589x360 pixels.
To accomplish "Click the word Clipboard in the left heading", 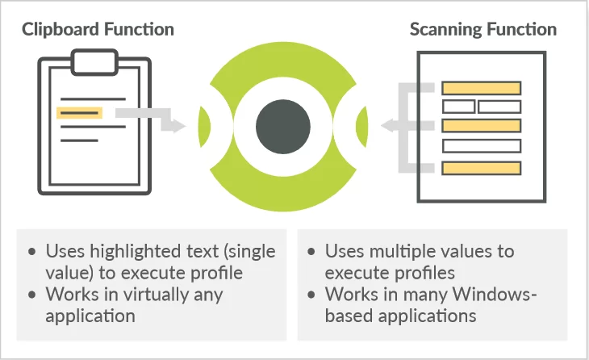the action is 61,30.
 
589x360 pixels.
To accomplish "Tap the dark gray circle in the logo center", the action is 283,127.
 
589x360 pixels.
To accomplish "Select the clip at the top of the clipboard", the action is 94,62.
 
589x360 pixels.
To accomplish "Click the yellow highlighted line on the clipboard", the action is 79,113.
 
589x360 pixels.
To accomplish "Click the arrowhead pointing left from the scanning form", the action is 388,125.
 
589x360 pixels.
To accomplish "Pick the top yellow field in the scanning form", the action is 481,88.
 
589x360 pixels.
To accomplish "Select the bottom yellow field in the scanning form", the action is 481,168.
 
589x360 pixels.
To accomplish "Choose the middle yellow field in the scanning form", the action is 481,125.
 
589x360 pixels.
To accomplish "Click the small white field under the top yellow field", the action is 458,107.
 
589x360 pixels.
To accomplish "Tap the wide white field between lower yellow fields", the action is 481,146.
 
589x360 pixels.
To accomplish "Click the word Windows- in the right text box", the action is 495,294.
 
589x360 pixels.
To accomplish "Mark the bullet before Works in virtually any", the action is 32,295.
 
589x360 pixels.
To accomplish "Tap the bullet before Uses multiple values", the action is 311,251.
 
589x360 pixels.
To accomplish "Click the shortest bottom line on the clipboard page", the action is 79,140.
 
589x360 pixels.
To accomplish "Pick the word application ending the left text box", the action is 90,316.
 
